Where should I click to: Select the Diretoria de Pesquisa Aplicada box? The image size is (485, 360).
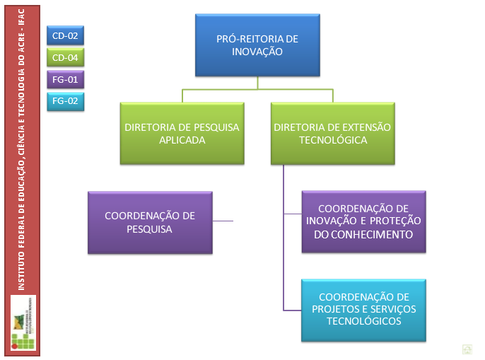182,134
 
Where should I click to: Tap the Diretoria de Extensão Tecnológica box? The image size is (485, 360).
332,134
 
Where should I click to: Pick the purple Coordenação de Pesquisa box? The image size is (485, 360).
150,222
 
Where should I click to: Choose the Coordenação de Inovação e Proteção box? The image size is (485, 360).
364,221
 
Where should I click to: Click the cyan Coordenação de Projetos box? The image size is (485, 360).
364,309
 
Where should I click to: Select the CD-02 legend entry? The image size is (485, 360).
65,35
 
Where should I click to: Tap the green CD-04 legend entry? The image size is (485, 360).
65,57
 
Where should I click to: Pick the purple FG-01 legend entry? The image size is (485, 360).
65,79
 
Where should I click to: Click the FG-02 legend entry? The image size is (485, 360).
65,101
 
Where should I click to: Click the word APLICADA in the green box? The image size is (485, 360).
182,140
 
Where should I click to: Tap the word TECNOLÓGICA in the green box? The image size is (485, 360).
332,140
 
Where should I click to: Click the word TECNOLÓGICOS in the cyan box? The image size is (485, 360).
364,322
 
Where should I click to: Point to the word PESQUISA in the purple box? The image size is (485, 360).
150,228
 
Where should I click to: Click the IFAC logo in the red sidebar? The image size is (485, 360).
23,323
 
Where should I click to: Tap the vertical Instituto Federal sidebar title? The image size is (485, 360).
22,149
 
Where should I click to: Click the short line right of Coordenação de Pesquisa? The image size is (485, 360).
223,221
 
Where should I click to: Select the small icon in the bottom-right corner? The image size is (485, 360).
467,348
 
